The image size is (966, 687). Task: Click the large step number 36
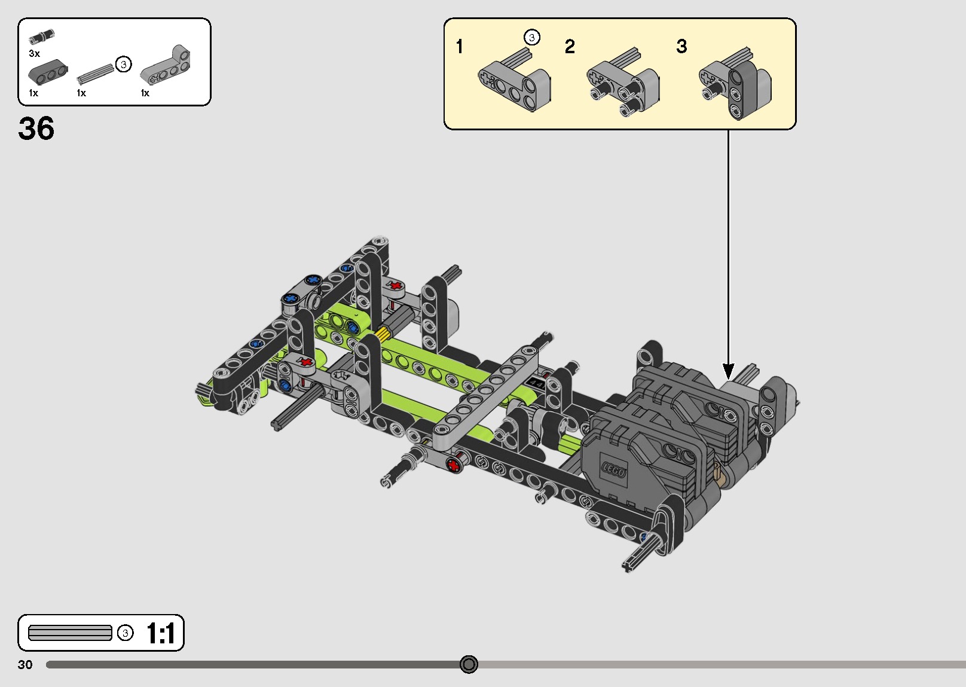coord(36,128)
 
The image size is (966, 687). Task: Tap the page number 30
coord(25,664)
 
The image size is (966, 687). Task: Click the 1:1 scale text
coord(160,633)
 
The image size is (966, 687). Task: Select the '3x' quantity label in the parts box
coord(34,53)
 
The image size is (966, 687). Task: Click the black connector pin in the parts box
coord(41,36)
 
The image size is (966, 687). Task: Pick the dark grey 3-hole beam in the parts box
coord(48,72)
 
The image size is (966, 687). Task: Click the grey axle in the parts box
coord(95,74)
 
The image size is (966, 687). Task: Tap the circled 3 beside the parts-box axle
coord(124,65)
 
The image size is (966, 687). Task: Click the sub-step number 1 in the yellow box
coord(459,46)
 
